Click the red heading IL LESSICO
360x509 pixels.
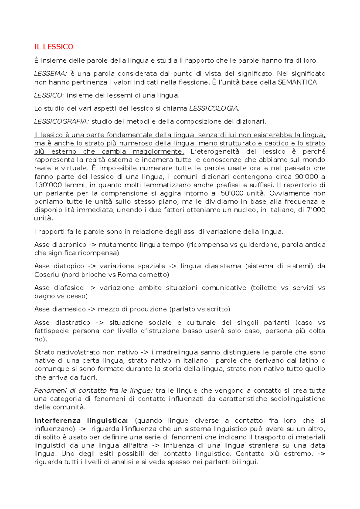point(54,47)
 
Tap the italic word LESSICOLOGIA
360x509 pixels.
point(214,108)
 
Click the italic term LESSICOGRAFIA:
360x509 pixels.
point(61,121)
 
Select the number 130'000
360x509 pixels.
point(46,185)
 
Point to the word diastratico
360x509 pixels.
point(73,323)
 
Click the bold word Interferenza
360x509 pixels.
point(58,421)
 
